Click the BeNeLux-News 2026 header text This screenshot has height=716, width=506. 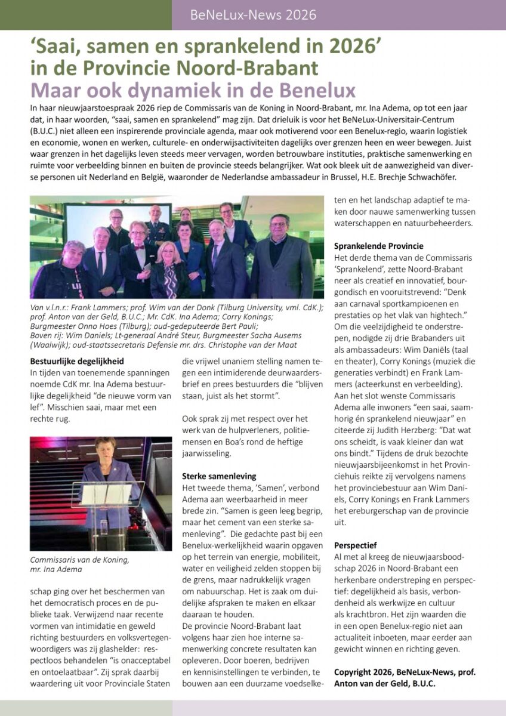[253, 15]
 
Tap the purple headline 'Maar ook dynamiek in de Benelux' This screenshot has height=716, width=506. [193, 90]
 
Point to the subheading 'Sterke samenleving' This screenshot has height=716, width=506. [219, 476]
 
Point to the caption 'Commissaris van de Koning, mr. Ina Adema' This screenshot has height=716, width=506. [79, 564]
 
